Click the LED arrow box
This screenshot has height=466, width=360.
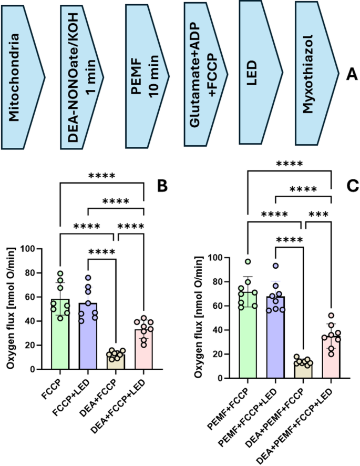(x=257, y=74)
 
